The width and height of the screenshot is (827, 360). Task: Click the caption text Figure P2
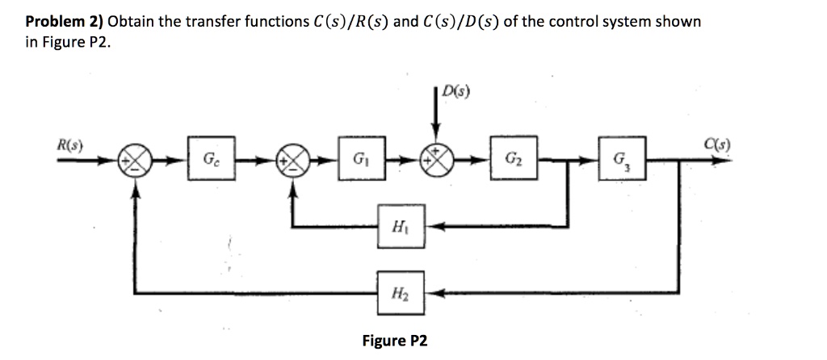(395, 340)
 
